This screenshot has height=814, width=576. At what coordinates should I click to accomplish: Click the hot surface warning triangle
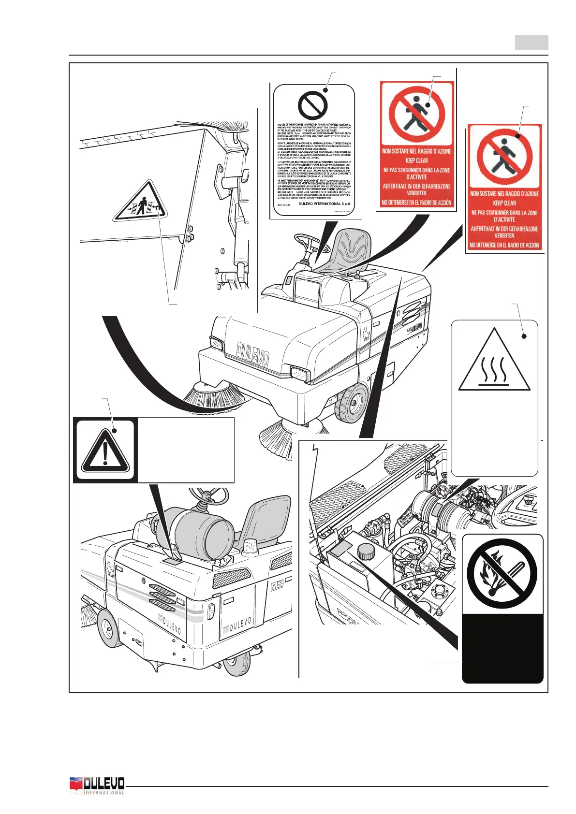pos(494,362)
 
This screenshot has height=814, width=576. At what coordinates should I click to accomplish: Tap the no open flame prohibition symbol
pos(502,574)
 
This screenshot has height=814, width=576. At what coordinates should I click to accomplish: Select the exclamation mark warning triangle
pos(105,451)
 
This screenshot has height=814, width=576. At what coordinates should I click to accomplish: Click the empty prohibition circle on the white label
pos(313,105)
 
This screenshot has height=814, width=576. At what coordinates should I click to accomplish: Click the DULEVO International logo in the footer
pos(98,785)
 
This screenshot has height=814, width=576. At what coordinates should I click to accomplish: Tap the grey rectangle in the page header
pos(531,42)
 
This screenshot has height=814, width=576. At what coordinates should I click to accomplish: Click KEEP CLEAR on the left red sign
pos(416,160)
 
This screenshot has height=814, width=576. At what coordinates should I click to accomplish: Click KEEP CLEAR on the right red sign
pos(504,203)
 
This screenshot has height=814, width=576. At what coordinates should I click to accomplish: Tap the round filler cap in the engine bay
pos(366,551)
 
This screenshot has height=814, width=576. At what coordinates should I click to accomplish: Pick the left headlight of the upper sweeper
pos(216,344)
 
